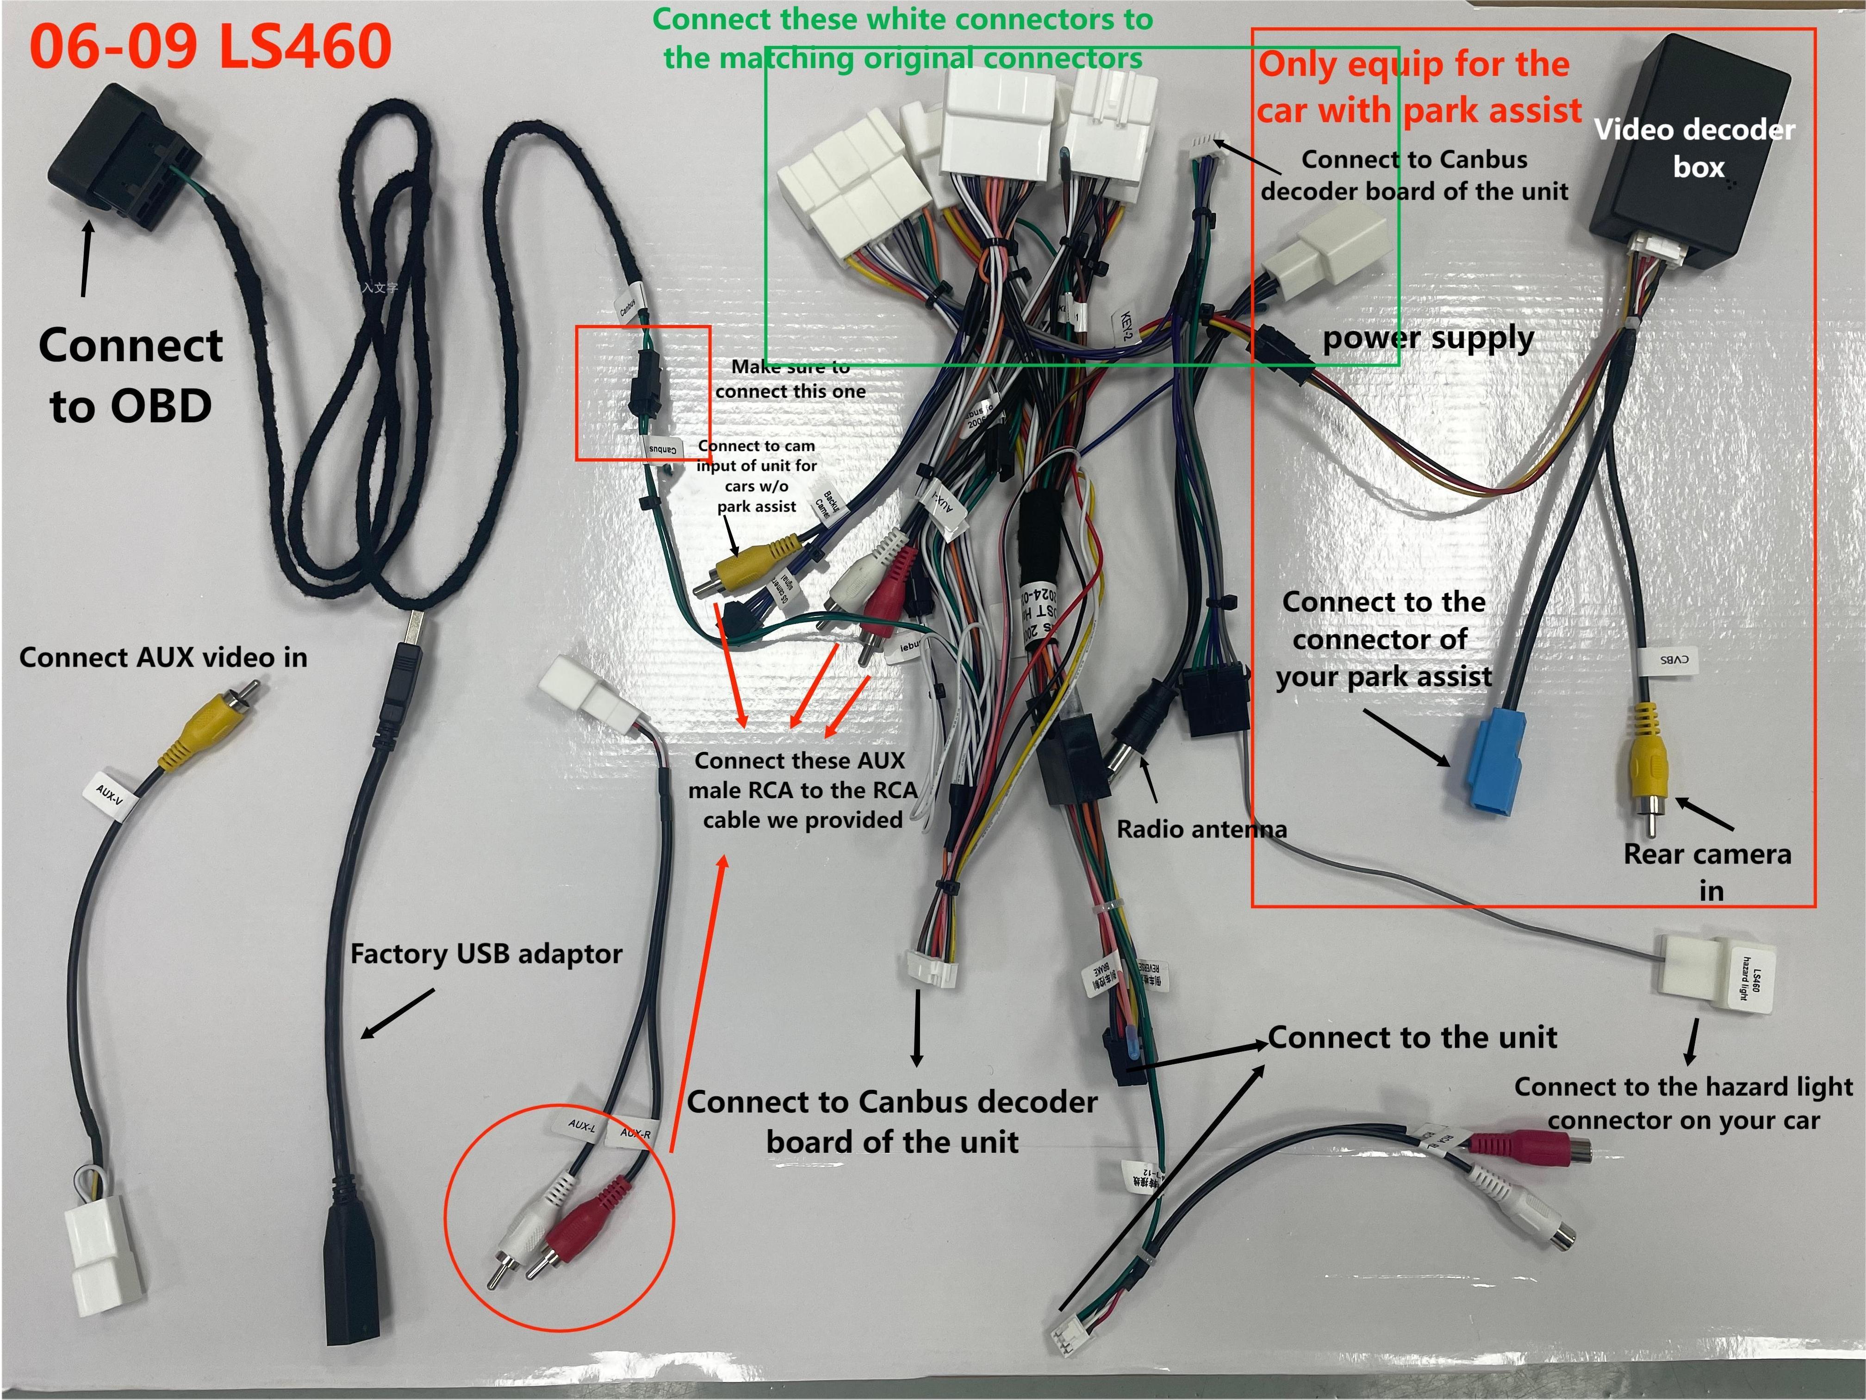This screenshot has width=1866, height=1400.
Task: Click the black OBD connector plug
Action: (x=122, y=156)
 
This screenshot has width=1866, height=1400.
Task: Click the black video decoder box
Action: (x=1687, y=152)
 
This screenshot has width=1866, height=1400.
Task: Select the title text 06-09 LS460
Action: (x=211, y=46)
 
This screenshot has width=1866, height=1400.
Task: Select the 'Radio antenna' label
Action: (x=1201, y=830)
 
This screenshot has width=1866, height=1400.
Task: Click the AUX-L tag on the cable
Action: (x=582, y=1126)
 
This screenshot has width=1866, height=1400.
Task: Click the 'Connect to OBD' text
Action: (x=131, y=375)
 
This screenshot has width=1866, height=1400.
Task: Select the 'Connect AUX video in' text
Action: (x=163, y=657)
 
